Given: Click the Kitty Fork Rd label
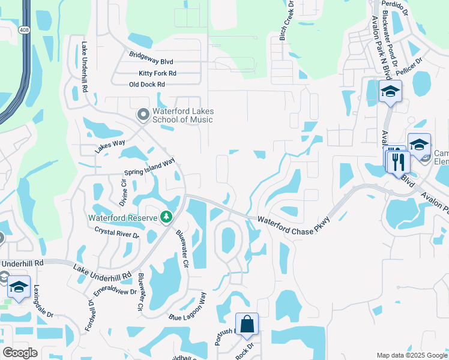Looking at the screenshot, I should (x=157, y=73).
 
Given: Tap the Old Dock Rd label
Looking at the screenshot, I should (x=147, y=85).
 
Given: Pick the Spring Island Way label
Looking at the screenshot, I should (x=149, y=168).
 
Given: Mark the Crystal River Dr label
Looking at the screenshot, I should (x=116, y=233).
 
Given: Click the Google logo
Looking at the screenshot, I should (x=20, y=353).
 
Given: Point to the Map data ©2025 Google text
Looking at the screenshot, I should (x=412, y=355).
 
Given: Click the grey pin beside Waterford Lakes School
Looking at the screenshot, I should (x=143, y=113).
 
